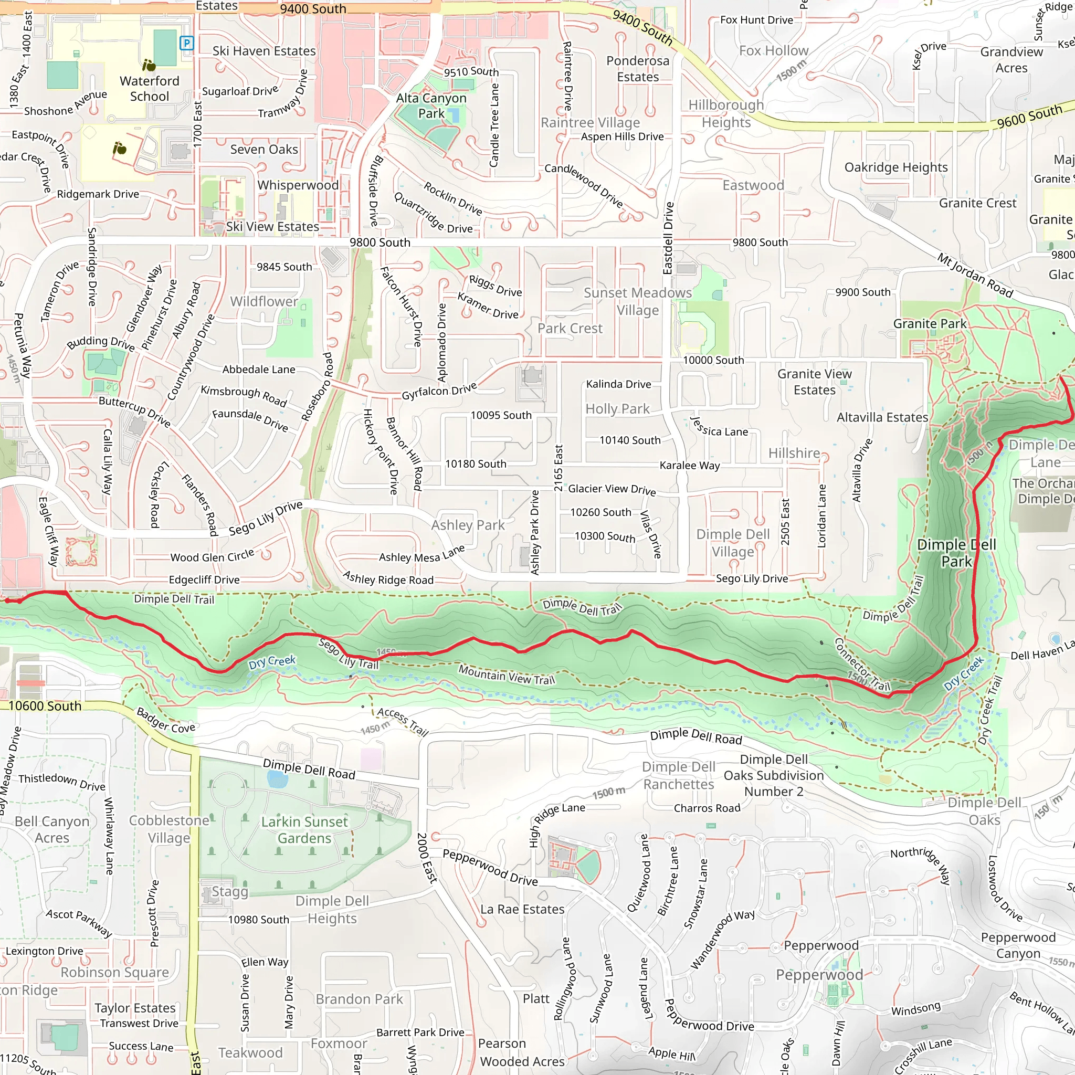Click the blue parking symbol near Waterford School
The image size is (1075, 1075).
click(x=187, y=43)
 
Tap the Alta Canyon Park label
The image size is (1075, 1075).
click(x=431, y=106)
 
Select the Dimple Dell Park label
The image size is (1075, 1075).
click(x=956, y=553)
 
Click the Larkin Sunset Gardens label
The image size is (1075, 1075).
click(x=304, y=830)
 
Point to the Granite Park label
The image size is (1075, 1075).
click(x=930, y=324)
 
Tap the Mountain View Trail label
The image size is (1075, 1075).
click(x=507, y=675)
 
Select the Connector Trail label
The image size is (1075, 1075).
click(x=862, y=665)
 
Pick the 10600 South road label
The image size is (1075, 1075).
click(x=45, y=706)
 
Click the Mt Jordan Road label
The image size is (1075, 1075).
click(x=975, y=276)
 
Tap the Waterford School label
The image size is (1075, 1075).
click(x=150, y=89)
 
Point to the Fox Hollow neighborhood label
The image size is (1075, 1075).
click(x=773, y=50)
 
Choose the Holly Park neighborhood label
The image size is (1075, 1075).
click(x=617, y=409)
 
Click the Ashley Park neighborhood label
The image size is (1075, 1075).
click(x=468, y=525)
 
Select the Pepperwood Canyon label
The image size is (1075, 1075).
click(x=1018, y=945)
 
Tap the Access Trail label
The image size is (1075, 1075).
click(x=403, y=722)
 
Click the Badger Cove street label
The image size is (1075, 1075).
click(x=166, y=720)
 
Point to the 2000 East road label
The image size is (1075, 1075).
click(x=427, y=858)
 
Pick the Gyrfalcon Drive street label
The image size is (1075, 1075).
click(x=439, y=392)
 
